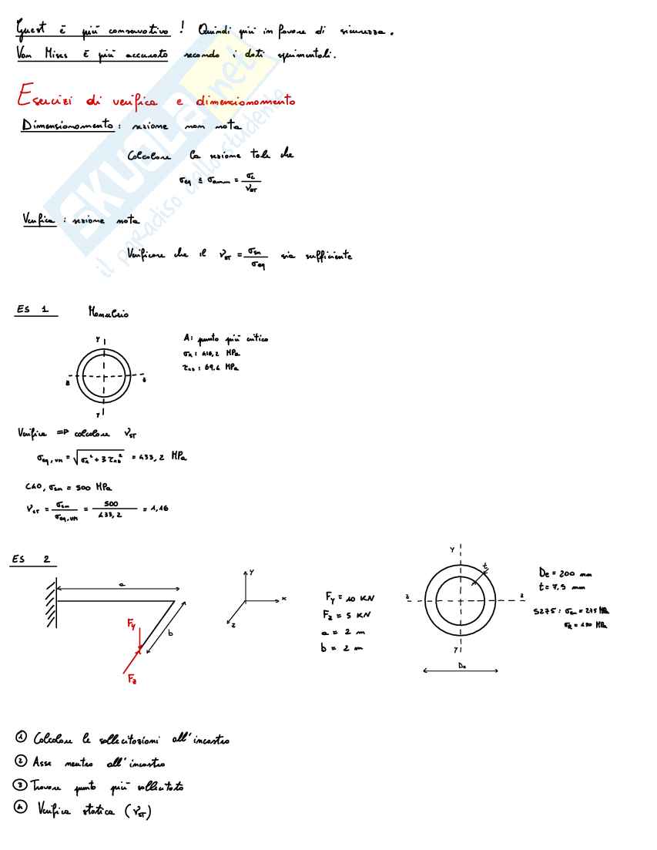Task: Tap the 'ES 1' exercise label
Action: tap(33, 310)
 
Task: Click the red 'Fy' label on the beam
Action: tap(132, 626)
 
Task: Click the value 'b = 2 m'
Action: tap(340, 649)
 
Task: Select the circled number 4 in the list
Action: tap(22, 810)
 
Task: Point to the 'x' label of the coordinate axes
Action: tap(284, 598)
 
